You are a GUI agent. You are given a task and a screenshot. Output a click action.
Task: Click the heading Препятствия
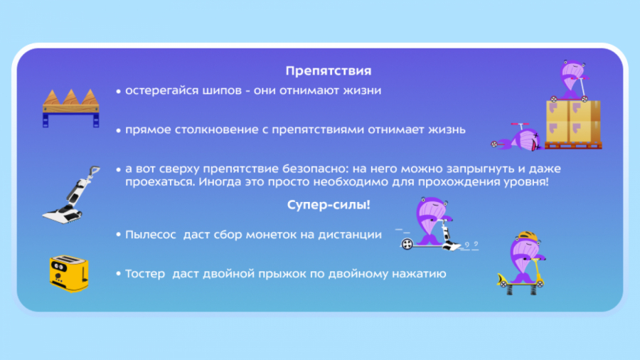click(x=328, y=70)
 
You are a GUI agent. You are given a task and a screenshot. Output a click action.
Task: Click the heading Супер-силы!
click(x=329, y=204)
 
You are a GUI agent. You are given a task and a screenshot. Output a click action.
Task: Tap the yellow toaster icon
click(x=68, y=273)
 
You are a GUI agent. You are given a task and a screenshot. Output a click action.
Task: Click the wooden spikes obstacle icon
click(x=71, y=108)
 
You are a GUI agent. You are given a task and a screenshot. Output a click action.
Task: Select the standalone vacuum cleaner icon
click(x=71, y=195)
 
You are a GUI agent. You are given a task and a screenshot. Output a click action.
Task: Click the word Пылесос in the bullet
click(x=150, y=235)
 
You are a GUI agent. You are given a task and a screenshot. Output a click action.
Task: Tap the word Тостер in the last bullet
click(x=145, y=273)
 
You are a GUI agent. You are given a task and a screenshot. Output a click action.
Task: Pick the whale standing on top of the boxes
click(x=572, y=81)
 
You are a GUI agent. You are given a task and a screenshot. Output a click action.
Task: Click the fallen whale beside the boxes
click(x=517, y=137)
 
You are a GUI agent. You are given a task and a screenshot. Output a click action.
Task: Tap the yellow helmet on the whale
click(x=527, y=236)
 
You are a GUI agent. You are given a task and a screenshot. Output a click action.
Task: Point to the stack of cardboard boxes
click(x=573, y=124)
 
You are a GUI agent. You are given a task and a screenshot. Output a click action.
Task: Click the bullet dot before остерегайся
click(x=118, y=91)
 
